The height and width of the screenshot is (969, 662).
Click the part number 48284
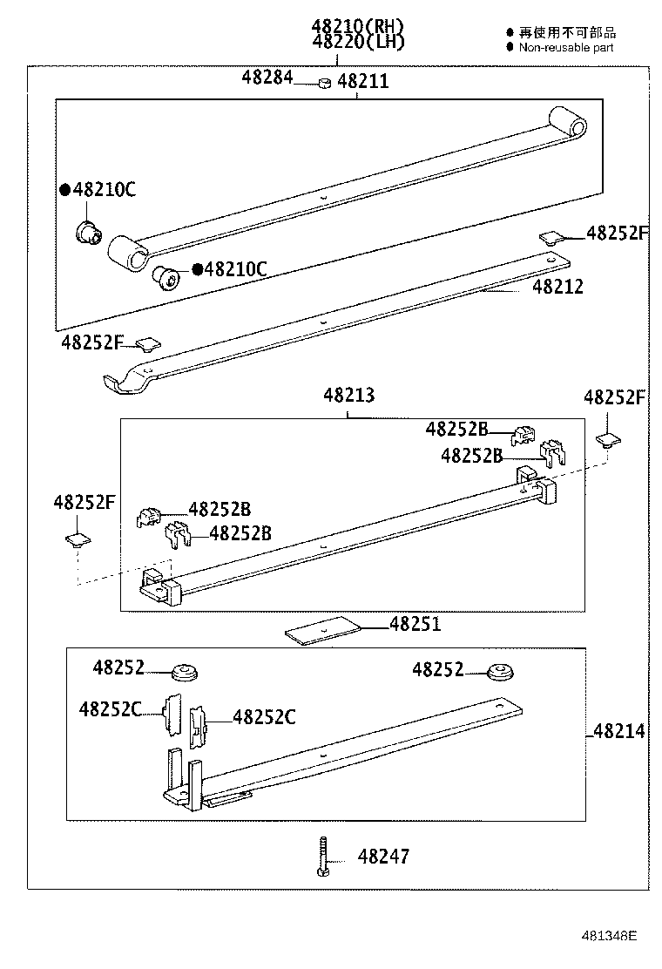point(267,78)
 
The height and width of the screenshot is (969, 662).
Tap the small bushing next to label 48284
point(322,83)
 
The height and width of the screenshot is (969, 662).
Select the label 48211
point(362,82)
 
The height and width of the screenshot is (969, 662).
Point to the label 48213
point(348,395)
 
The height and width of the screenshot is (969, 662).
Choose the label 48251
point(415,624)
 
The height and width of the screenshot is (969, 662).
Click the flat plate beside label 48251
point(322,631)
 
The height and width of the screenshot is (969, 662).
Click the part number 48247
point(382,857)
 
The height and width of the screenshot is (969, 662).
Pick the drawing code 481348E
point(610,937)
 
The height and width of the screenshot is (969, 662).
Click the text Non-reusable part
point(566,47)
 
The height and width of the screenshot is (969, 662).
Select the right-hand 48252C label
point(264,717)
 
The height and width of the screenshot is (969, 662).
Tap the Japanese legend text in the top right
point(568,33)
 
